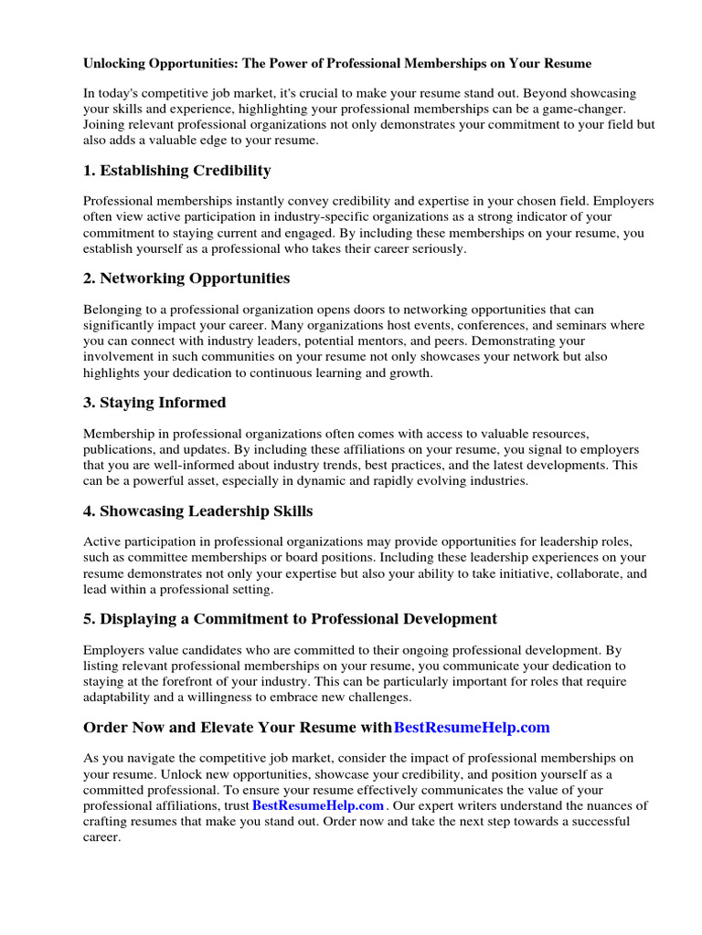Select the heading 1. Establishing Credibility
pos(176,171)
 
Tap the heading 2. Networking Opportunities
pos(186,278)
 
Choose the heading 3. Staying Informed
pos(154,403)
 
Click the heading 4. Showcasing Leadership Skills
pos(198,510)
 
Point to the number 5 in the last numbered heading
pos(88,618)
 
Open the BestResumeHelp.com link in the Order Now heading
pos(472,727)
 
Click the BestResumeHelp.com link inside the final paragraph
pos(318,805)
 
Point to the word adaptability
pos(120,697)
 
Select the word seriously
pos(435,248)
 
